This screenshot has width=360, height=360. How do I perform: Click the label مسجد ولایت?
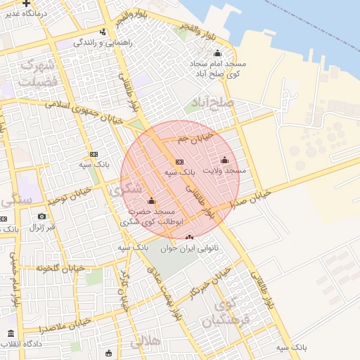coord(224,171)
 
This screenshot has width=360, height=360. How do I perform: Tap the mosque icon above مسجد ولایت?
coord(225,160)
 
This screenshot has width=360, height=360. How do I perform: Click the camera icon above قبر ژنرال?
coord(42,216)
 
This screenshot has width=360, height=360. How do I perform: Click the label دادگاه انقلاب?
coord(20,345)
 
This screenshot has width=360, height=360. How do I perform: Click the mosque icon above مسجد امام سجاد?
coord(217,53)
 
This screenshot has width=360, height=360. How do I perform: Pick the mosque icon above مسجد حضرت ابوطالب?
coord(151,201)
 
